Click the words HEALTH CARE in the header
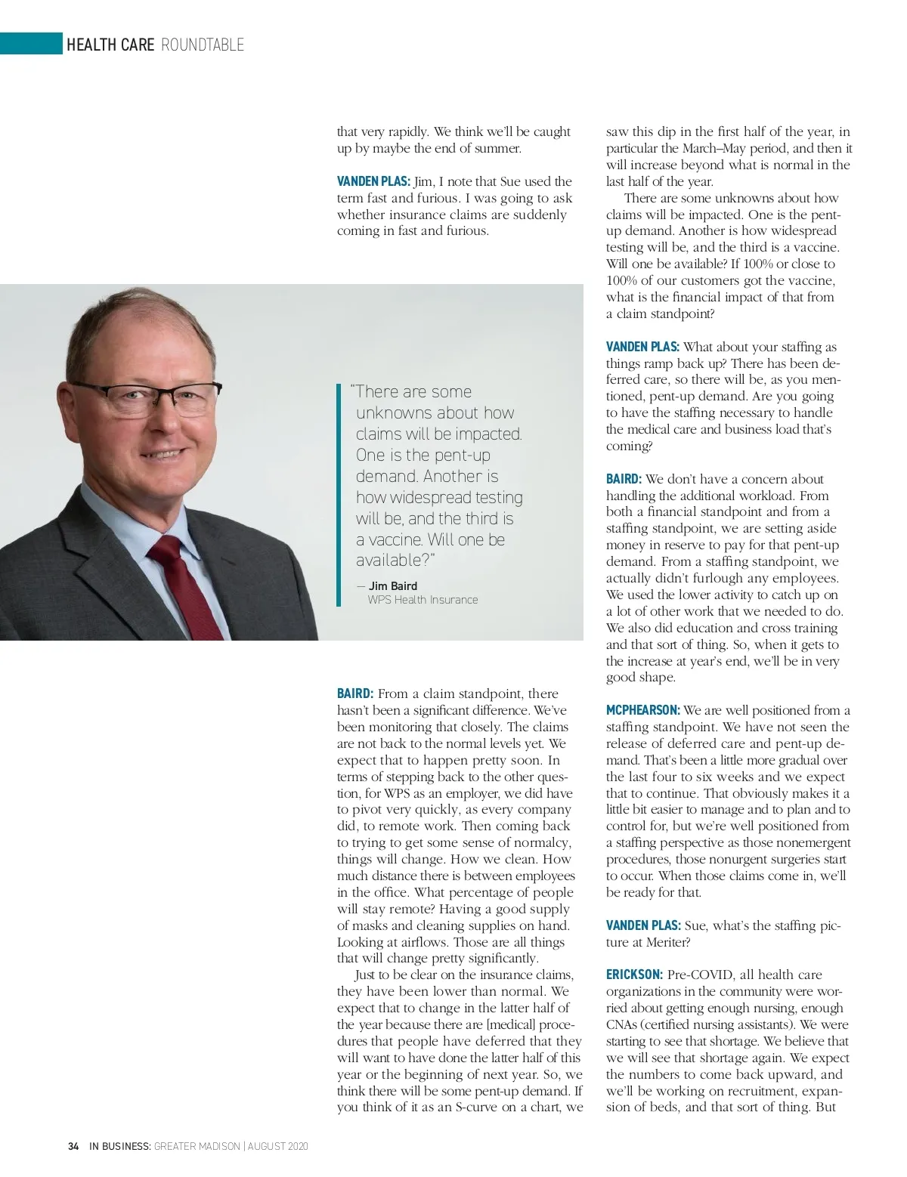pos(110,45)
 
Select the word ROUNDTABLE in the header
pos(203,45)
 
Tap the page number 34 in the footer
pos(73,1146)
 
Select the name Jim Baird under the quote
pos(392,585)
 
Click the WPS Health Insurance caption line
pos(423,600)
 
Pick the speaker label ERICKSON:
pos(634,975)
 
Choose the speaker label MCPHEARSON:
pos(642,710)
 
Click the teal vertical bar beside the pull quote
pos(339,495)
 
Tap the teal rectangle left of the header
pos(31,44)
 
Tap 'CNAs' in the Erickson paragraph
pos(621,1024)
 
